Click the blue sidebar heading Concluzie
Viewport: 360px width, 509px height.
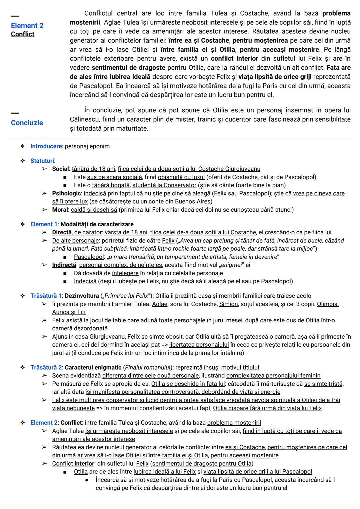[27, 123]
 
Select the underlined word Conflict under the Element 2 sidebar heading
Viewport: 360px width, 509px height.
[23, 34]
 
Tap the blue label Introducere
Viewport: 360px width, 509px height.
[46, 146]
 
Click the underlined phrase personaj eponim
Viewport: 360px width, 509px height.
[87, 146]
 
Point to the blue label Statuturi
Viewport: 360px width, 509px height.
[42, 161]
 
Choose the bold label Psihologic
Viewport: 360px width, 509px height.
[66, 193]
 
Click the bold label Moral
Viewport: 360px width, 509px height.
[60, 210]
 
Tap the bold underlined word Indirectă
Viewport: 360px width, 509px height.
[64, 265]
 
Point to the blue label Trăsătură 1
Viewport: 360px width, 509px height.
[46, 296]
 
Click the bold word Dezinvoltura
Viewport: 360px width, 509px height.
[82, 296]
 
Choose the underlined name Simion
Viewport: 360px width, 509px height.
[228, 304]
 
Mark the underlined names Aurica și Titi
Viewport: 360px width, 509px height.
[69, 312]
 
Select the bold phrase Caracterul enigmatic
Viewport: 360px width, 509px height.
[93, 367]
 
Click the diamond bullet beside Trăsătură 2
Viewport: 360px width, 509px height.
[23, 367]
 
